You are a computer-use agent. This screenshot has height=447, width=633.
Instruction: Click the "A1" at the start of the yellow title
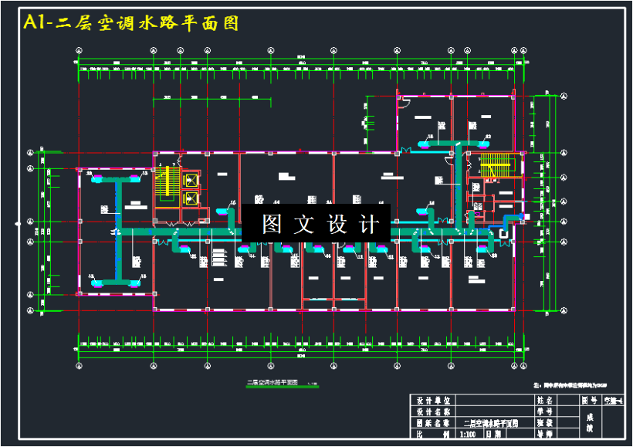tap(36, 23)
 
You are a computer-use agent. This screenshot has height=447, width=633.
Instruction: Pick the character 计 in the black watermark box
tap(369, 224)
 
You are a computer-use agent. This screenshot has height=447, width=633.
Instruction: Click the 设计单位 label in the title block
tap(433, 401)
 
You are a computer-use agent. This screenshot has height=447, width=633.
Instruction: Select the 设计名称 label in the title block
tap(433, 411)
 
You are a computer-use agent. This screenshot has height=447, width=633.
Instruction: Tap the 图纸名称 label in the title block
tap(433, 422)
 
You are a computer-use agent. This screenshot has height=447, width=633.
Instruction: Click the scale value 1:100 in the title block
tap(468, 434)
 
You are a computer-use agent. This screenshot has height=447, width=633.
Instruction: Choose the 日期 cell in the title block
tap(494, 434)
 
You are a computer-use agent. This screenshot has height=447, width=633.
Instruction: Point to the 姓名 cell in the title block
tap(544, 401)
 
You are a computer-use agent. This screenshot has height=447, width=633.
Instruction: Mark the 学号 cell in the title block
tap(544, 411)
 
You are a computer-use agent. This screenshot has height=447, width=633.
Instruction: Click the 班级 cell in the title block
tap(544, 422)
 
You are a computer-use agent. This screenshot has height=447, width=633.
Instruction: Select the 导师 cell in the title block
tap(544, 434)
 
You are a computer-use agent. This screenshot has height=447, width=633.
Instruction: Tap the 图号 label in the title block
tap(589, 401)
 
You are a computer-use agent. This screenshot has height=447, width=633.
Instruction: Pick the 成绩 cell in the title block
tap(589, 422)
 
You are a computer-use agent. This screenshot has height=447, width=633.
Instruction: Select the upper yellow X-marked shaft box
tap(191, 181)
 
